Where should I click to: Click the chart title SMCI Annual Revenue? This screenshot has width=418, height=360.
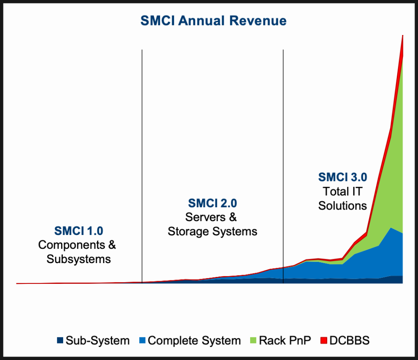(213, 21)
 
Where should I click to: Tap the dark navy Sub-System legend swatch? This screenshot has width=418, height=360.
(60, 340)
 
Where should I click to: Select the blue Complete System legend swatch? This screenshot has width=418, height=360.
(142, 340)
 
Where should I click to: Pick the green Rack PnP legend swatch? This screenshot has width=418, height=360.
(253, 340)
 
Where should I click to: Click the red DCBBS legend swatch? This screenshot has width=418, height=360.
(324, 340)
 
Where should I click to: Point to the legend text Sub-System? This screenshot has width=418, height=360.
(97, 341)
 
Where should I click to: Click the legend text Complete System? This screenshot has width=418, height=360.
(194, 341)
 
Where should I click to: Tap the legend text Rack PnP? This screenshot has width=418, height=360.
(285, 341)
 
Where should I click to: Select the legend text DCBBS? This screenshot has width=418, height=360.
(350, 341)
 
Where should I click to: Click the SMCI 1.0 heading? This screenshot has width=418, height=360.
(79, 231)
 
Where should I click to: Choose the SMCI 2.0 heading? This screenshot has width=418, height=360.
(212, 203)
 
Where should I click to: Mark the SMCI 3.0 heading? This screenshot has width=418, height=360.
(343, 177)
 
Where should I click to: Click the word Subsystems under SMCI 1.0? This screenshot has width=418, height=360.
(79, 259)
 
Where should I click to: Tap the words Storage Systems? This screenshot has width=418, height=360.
(212, 231)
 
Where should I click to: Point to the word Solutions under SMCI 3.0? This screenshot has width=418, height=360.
(343, 206)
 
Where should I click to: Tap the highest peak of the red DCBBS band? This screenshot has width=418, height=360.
(402, 35)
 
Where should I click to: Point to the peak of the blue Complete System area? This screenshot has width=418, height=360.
(391, 228)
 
